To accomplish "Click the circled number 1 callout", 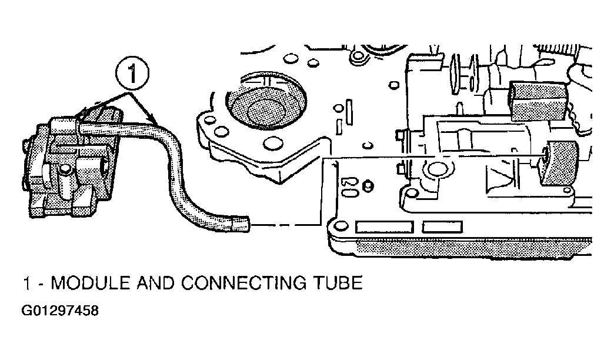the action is (132, 74).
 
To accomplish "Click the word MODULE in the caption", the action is (91, 283).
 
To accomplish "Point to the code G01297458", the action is (60, 311).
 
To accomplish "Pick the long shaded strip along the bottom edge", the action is (474, 248).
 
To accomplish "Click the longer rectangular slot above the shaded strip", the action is (385, 227).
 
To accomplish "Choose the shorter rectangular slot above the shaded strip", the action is (442, 227).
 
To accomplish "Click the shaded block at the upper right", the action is (538, 101).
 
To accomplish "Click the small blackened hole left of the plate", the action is (368, 186).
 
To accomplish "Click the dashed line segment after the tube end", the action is (282, 225).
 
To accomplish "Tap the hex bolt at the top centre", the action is (358, 57).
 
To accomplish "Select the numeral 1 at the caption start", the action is (27, 283).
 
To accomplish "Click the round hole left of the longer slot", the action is (342, 226).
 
